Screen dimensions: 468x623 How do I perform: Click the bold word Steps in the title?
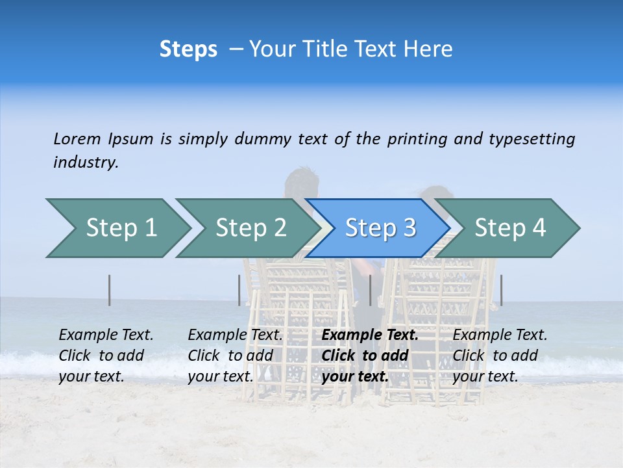188,49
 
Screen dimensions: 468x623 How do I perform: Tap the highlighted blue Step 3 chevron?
380,228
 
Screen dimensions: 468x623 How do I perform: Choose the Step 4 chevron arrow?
510,228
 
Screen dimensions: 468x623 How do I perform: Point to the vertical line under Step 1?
110,290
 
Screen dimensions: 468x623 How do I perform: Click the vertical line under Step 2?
239,290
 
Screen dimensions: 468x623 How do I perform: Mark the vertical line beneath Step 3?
371,290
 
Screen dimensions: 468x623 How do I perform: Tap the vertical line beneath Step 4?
502,290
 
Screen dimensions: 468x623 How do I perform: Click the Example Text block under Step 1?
106,356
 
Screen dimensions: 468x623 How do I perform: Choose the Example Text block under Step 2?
235,356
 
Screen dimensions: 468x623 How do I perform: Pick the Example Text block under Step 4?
500,356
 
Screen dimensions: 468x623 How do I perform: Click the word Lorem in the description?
77,139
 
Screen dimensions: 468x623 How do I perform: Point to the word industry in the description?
86,162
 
